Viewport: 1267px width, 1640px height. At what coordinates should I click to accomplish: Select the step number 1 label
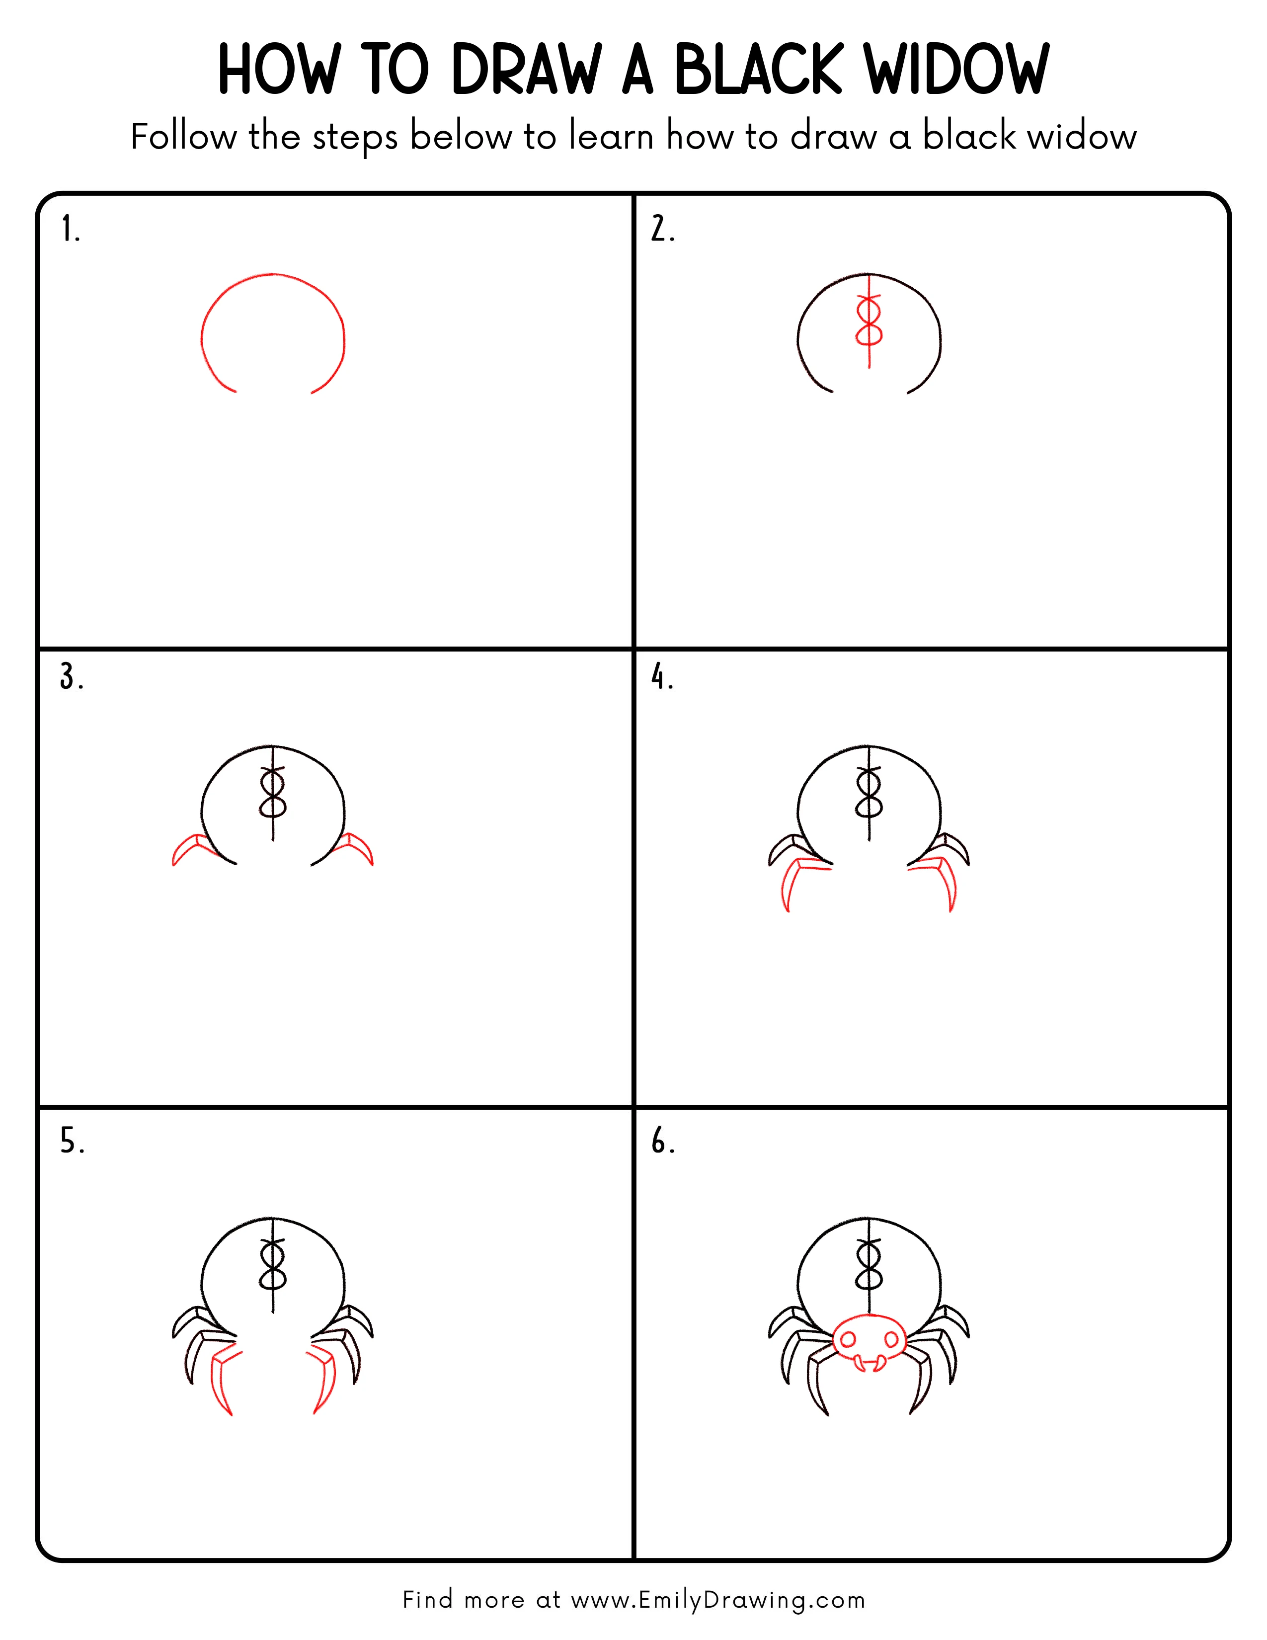click(70, 229)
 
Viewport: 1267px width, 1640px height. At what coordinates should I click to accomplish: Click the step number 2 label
click(662, 229)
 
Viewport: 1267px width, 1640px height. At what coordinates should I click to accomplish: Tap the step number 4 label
click(661, 676)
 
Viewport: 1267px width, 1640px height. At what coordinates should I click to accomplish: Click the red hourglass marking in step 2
click(869, 322)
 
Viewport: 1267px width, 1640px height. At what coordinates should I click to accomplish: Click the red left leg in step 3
click(191, 848)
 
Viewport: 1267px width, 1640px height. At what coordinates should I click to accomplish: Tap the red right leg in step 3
click(356, 848)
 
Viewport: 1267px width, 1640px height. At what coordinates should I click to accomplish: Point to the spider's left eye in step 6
click(848, 1340)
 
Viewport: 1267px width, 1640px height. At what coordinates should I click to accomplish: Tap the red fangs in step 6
click(869, 1362)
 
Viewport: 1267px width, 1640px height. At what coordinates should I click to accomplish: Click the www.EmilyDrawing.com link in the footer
click(717, 1600)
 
